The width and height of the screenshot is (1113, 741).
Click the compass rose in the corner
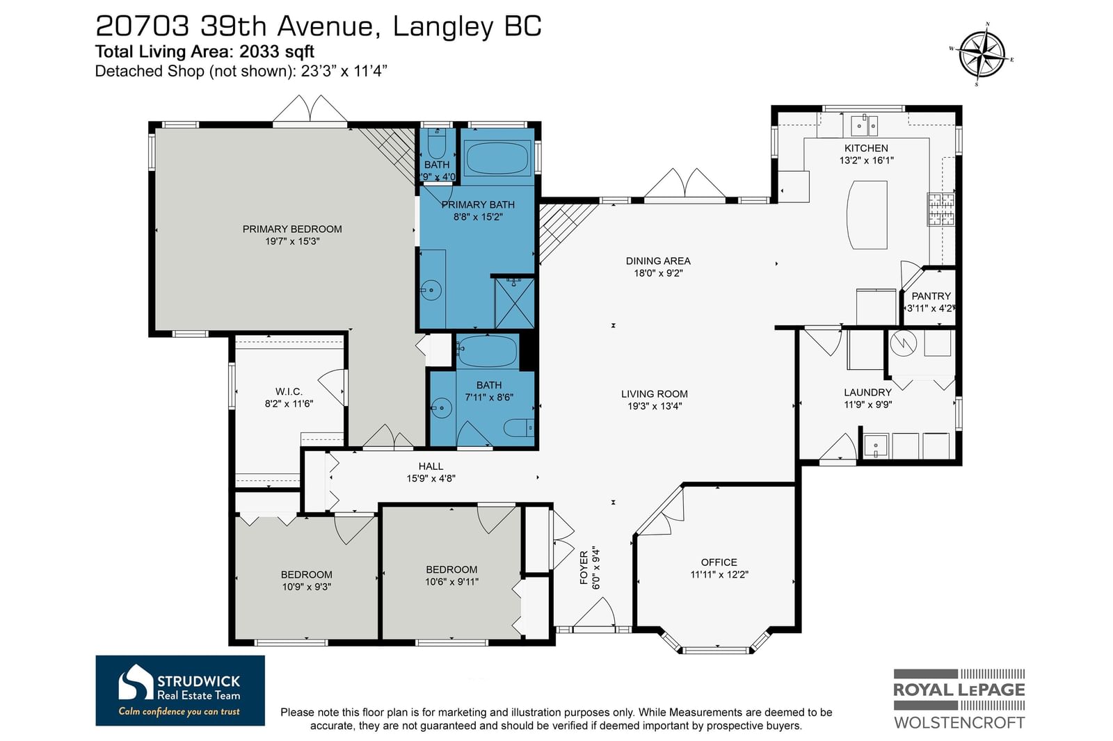[982, 54]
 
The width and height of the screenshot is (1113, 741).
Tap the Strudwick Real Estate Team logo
[180, 690]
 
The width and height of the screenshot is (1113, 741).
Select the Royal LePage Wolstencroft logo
[959, 699]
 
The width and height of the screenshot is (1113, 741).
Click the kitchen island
[867, 215]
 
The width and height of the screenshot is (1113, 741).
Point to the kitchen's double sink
[864, 126]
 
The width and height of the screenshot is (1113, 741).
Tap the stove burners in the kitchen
[940, 209]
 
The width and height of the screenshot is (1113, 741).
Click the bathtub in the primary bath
[497, 158]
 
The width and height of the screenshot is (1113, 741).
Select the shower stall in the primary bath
[514, 303]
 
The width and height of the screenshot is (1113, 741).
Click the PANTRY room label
[931, 296]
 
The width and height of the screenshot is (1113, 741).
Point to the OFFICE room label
[719, 562]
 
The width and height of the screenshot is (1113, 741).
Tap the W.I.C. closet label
[289, 391]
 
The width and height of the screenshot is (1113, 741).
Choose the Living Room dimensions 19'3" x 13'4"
[655, 406]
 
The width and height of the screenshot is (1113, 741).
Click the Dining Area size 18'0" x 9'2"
[658, 273]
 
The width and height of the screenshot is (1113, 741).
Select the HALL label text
[431, 466]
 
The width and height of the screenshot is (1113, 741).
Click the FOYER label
[584, 568]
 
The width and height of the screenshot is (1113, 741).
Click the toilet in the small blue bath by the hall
[519, 427]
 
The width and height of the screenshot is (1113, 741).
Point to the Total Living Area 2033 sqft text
[205, 51]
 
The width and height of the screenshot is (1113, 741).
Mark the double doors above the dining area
[684, 184]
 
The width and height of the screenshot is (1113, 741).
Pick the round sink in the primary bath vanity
[431, 290]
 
